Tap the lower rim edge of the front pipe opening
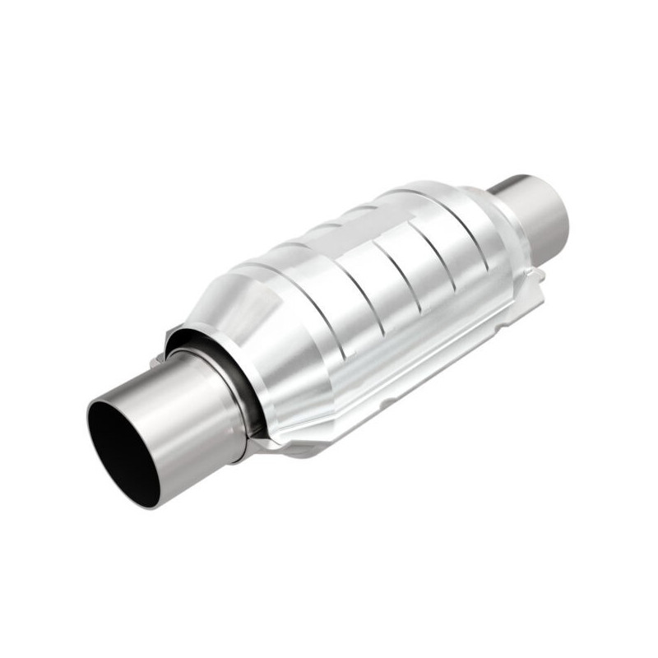136,498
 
